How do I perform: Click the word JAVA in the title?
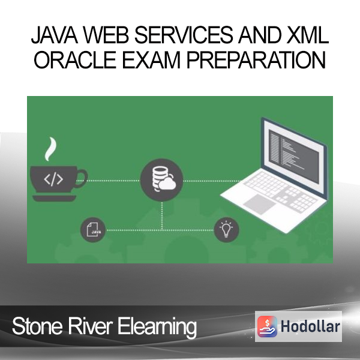(55, 35)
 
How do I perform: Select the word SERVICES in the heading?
(184, 35)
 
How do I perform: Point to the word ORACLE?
(75, 59)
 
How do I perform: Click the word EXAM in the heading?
(151, 59)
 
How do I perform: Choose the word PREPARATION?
(256, 59)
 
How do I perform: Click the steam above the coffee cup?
(50, 149)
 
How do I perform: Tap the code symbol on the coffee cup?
(53, 179)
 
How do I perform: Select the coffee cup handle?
(82, 179)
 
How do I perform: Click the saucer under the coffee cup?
(54, 198)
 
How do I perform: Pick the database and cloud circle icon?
(161, 180)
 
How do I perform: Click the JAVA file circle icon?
(93, 230)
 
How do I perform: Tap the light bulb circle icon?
(226, 230)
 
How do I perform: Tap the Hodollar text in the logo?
(310, 326)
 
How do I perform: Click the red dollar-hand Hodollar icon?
(267, 326)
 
